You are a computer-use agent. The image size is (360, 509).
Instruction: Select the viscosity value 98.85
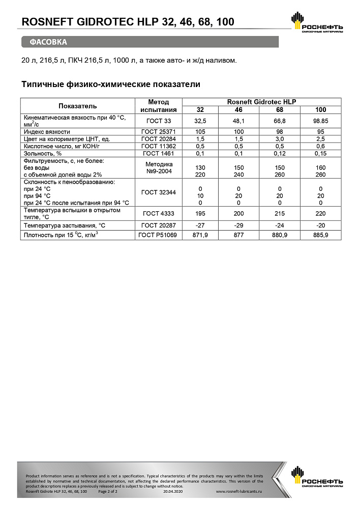pyautogui.click(x=320, y=121)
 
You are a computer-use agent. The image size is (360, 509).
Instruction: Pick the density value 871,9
pyautogui.click(x=200, y=235)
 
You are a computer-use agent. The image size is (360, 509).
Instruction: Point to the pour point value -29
pyautogui.click(x=238, y=225)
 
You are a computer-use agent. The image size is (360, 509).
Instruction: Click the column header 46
pyautogui.click(x=238, y=110)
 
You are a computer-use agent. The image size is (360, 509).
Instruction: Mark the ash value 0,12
pyautogui.click(x=280, y=153)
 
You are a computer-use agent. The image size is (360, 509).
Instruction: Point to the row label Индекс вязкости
pyautogui.click(x=47, y=131)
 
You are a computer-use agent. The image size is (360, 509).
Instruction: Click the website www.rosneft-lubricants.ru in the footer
pyautogui.click(x=238, y=492)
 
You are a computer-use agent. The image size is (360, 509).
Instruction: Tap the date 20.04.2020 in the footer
pyautogui.click(x=172, y=492)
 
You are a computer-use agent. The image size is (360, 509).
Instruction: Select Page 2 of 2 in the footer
pyautogui.click(x=107, y=492)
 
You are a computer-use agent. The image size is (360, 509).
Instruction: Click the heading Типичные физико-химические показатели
pyautogui.click(x=111, y=84)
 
